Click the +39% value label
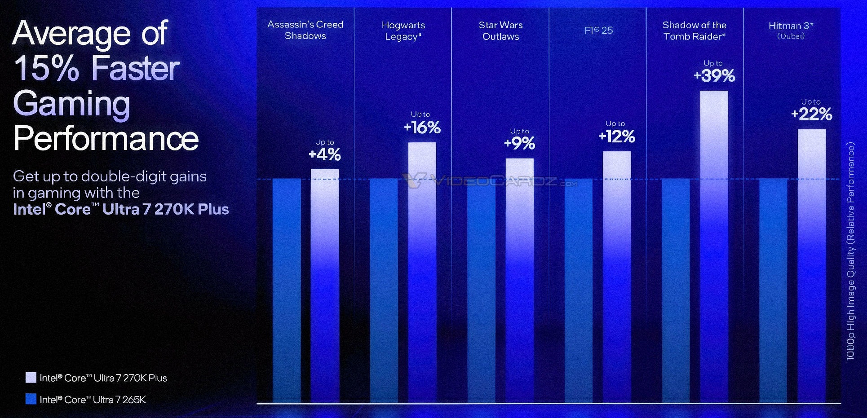tap(714, 75)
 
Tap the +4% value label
tap(325, 154)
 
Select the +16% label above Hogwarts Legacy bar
tap(422, 128)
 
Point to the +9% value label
tap(520, 143)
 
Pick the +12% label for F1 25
tap(617, 136)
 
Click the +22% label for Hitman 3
tap(812, 114)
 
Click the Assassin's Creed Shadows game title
tap(305, 30)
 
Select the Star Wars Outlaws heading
tap(500, 31)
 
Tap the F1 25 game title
tap(598, 30)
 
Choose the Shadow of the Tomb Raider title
tap(694, 31)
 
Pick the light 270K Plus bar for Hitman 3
tap(812, 265)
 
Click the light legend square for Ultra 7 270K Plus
tap(31, 378)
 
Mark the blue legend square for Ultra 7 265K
tap(31, 399)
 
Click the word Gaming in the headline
tap(72, 103)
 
